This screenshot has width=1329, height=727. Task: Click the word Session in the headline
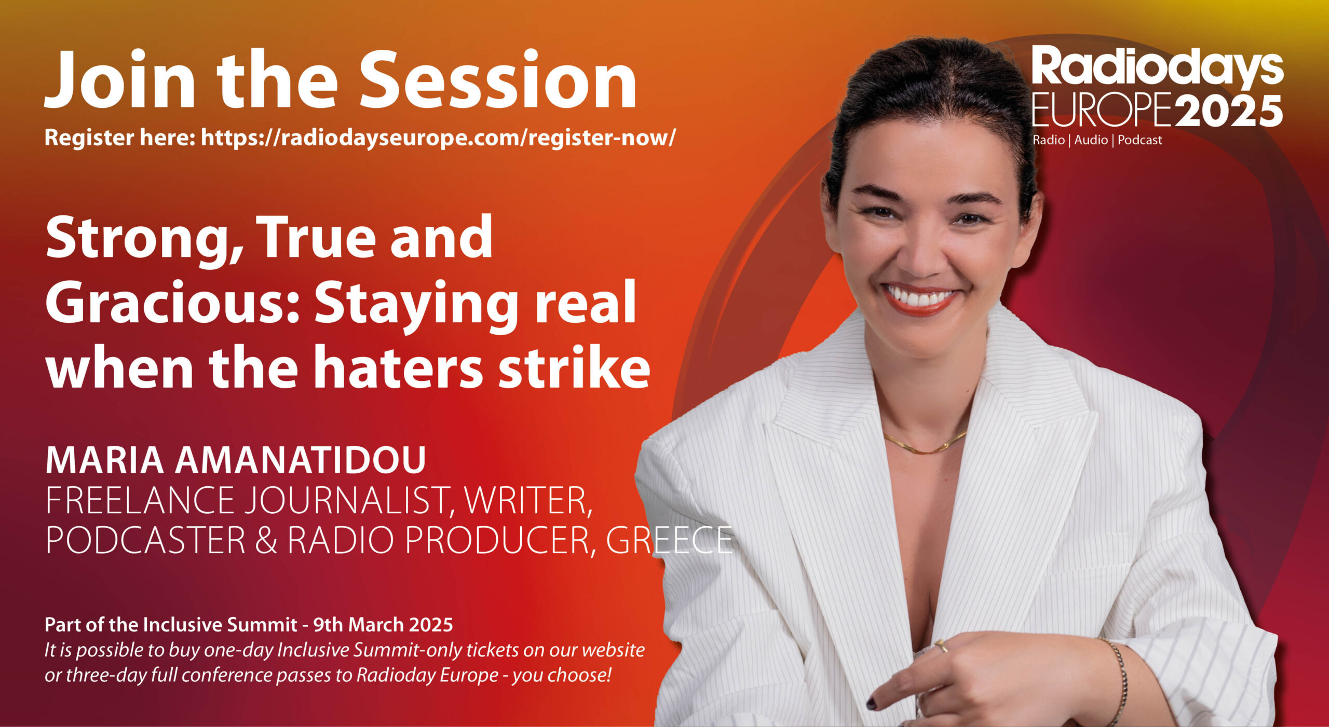point(498,79)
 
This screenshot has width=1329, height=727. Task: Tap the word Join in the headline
point(120,79)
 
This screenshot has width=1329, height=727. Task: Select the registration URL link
point(438,138)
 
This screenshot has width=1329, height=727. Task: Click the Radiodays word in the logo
point(1157,66)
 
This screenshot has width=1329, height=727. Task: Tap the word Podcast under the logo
point(1140,140)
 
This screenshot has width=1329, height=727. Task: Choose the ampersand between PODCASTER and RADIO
point(266,541)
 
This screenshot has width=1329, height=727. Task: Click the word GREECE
point(669,541)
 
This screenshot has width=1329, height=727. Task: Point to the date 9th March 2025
point(383,625)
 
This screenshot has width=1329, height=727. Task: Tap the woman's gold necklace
point(925,444)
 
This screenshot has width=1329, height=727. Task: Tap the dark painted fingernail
point(871,704)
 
